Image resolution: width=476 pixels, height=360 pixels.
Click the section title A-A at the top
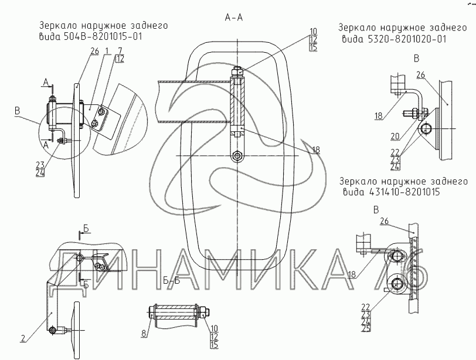click(234, 18)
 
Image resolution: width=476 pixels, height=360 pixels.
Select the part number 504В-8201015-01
click(113, 36)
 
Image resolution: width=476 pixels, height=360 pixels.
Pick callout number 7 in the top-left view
click(120, 51)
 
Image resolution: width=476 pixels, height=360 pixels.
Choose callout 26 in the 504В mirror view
click(94, 52)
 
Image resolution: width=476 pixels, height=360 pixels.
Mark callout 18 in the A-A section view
click(316, 150)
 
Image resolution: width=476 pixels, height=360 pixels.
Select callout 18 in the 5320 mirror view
click(378, 116)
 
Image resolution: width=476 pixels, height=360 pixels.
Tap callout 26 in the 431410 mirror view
click(384, 220)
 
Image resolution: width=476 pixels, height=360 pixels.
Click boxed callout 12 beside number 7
click(120, 59)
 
